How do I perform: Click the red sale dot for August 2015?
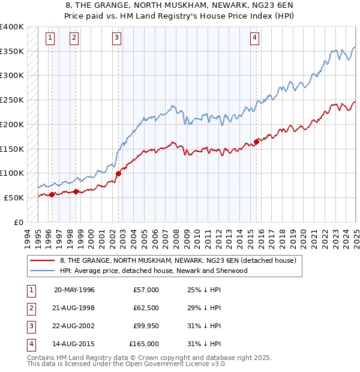pyautogui.click(x=257, y=142)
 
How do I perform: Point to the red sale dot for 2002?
pyautogui.click(x=118, y=173)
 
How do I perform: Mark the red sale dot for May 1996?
pyautogui.click(x=52, y=194)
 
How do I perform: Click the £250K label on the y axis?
pyautogui.click(x=12, y=100)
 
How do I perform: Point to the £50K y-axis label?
pyautogui.click(x=14, y=197)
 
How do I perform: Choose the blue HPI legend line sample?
pyautogui.click(x=43, y=271)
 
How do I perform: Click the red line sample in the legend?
pyautogui.click(x=43, y=261)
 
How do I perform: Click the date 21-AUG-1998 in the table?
pyautogui.click(x=74, y=307)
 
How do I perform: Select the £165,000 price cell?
pyautogui.click(x=144, y=344)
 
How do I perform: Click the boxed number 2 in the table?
pyautogui.click(x=30, y=307)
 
